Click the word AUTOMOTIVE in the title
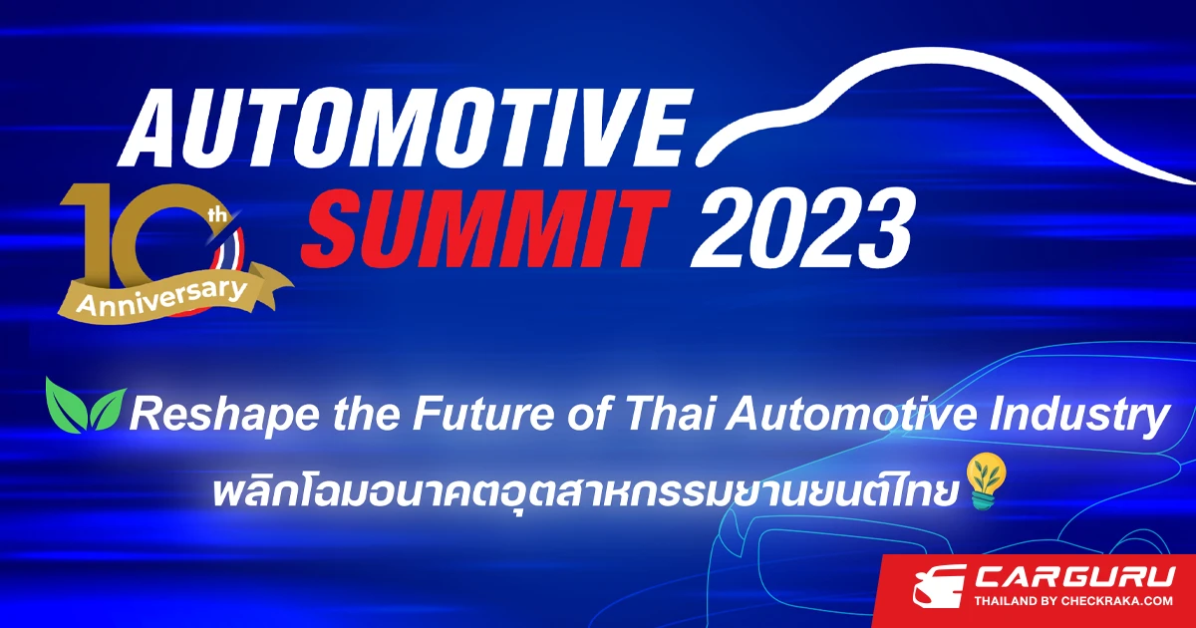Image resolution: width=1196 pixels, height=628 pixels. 405,129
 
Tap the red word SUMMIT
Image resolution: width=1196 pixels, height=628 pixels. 484,228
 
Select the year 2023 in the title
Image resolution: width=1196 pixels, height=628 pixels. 802,228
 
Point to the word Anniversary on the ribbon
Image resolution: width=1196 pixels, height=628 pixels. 161,296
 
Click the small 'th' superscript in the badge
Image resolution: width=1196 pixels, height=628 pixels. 218,215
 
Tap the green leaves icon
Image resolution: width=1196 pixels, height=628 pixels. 86,405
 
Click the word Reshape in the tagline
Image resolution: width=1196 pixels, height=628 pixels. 224,416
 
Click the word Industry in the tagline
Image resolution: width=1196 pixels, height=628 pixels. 1079,416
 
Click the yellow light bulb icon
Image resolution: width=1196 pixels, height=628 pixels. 987,480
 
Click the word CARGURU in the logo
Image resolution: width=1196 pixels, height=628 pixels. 1074,578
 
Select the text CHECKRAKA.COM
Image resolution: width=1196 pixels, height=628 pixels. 1117,601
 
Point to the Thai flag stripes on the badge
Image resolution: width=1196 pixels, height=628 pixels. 233,251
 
